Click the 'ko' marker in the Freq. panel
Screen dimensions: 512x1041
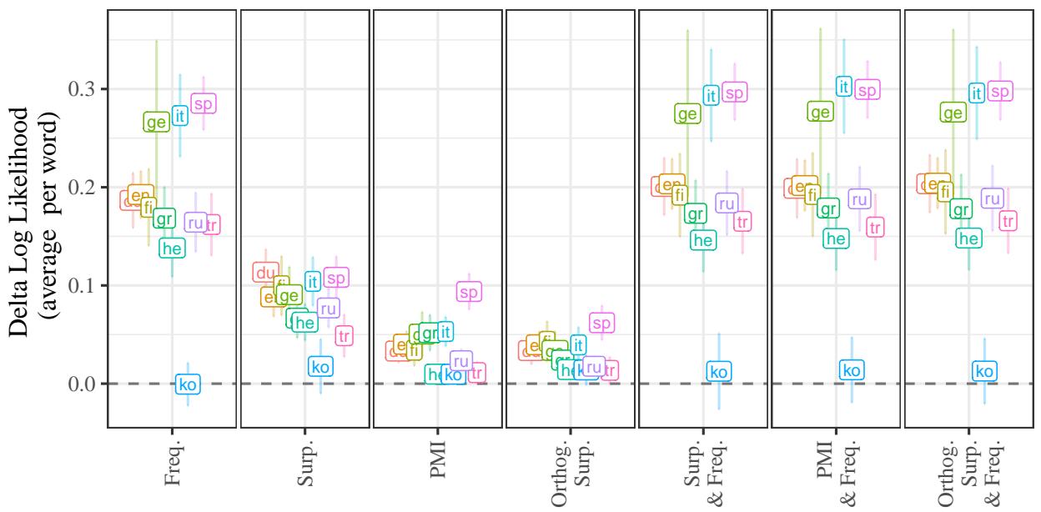tap(188, 384)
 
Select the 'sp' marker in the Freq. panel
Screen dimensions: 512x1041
tap(204, 103)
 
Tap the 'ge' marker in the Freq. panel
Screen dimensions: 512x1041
tap(155, 123)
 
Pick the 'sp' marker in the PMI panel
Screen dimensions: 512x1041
tap(470, 292)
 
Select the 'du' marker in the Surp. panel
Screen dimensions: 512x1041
tap(265, 273)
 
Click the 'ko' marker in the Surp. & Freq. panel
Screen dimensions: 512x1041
tap(719, 372)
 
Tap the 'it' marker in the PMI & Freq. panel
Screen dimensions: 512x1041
tap(843, 86)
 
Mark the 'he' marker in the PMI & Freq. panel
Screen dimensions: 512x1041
tap(836, 238)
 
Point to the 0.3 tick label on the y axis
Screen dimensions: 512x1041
tap(83, 88)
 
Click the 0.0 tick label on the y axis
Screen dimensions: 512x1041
tap(83, 384)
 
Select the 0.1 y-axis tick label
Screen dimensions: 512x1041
tap(83, 285)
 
